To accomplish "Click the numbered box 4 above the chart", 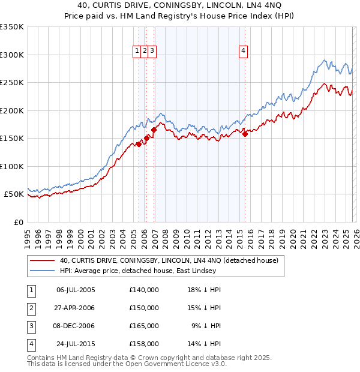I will pyautogui.click(x=244, y=52).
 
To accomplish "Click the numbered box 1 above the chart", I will pyautogui.click(x=138, y=52).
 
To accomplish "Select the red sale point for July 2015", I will pyautogui.click(x=245, y=134).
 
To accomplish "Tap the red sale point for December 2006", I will pyautogui.click(x=154, y=130).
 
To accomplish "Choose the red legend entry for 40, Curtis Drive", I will pyautogui.click(x=169, y=260).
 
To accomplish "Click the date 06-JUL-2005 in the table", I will pyautogui.click(x=76, y=290).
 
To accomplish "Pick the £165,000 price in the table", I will pyautogui.click(x=143, y=326).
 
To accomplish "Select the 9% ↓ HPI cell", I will pyautogui.click(x=206, y=326).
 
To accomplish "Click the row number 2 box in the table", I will pyautogui.click(x=29, y=308).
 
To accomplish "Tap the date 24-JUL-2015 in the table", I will pyautogui.click(x=76, y=344).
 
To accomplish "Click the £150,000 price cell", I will pyautogui.click(x=143, y=308).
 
